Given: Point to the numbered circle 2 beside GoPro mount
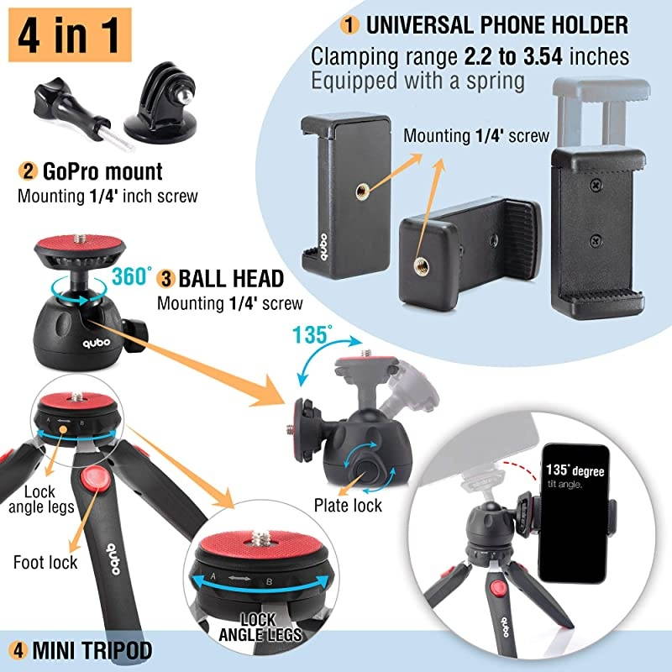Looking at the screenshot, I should click(28, 172).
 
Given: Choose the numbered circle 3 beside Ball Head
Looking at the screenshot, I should click(167, 278).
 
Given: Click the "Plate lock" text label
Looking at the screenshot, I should click(348, 505).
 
